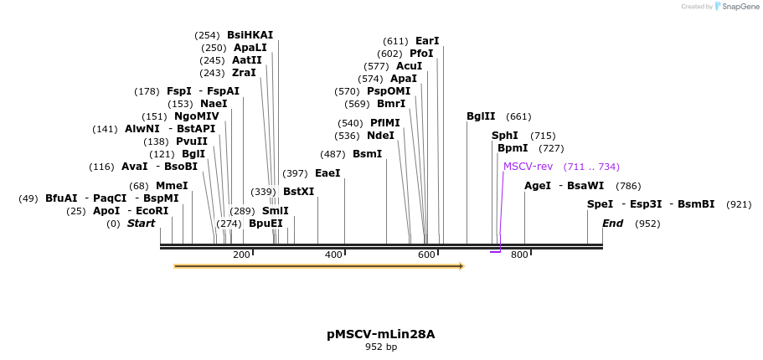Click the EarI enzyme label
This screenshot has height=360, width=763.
tap(427, 41)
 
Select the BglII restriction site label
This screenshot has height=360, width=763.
tap(481, 116)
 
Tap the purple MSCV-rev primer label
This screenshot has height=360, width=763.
tap(528, 167)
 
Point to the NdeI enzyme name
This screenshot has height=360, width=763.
tap(380, 136)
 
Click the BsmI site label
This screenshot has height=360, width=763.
tap(367, 154)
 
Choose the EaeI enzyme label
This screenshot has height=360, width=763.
tap(327, 173)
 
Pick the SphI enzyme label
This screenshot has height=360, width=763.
tap(505, 136)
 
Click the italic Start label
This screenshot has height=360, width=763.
tap(141, 224)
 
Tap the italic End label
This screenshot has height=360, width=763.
tap(613, 224)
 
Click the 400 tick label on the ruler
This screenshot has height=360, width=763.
tap(334, 255)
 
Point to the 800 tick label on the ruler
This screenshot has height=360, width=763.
tap(519, 255)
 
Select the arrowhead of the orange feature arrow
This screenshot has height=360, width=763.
tap(461, 266)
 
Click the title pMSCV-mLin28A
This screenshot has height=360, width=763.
tap(381, 334)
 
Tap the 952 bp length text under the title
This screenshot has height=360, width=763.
tap(381, 347)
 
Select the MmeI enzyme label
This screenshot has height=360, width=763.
tap(172, 186)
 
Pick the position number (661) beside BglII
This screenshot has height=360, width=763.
tap(518, 116)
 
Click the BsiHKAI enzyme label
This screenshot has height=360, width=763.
tap(250, 35)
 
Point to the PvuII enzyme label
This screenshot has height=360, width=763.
tap(192, 141)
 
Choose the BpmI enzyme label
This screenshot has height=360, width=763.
tap(513, 148)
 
